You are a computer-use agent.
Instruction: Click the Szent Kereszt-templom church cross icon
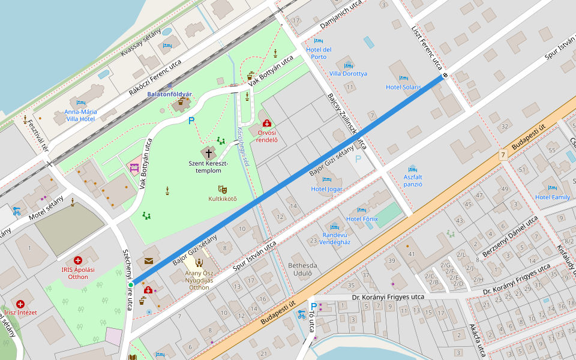pyautogui.click(x=209, y=152)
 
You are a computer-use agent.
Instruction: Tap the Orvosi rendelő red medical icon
pyautogui.click(x=267, y=123)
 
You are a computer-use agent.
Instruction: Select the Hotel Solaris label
pyautogui.click(x=403, y=87)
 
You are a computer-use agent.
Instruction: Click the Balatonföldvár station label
pyautogui.click(x=170, y=94)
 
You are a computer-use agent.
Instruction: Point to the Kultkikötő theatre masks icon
pyautogui.click(x=223, y=189)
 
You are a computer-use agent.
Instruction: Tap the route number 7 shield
pyautogui.click(x=503, y=155)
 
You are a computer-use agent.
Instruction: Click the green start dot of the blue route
pyautogui.click(x=131, y=284)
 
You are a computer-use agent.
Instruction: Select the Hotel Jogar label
pyautogui.click(x=327, y=189)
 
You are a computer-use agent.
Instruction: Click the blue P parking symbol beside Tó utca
pyautogui.click(x=313, y=306)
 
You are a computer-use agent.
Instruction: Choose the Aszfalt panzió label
pyautogui.click(x=412, y=181)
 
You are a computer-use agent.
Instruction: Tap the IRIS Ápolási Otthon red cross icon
pyautogui.click(x=78, y=260)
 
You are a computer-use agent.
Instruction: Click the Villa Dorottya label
pyautogui.click(x=348, y=74)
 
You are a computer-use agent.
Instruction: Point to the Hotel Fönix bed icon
pyautogui.click(x=361, y=210)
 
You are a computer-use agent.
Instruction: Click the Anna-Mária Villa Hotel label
pyautogui.click(x=80, y=115)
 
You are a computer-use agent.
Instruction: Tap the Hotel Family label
pyautogui.click(x=552, y=197)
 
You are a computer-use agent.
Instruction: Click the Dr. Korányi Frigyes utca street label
pyautogui.click(x=388, y=297)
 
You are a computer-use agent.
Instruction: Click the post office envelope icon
pyautogui.click(x=148, y=260)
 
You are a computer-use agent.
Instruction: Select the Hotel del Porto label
pyautogui.click(x=319, y=53)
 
